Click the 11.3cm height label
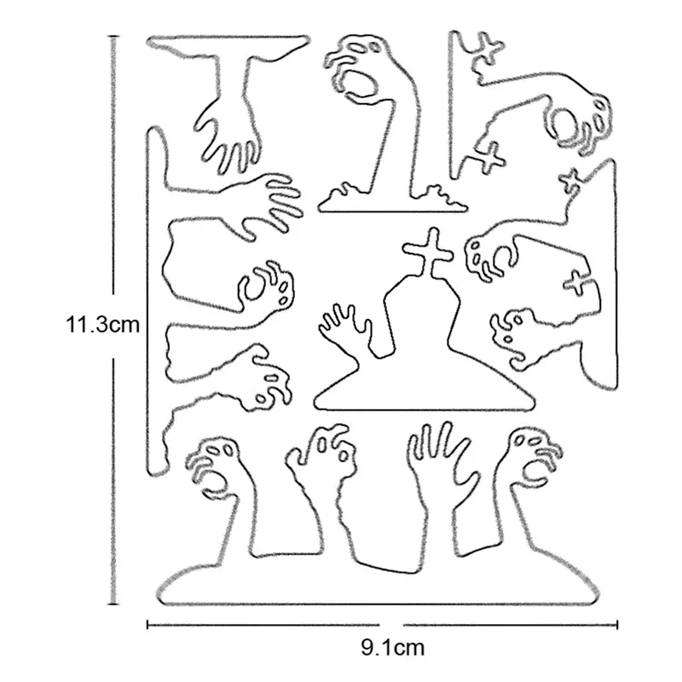point(101,325)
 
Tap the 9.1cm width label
point(392,648)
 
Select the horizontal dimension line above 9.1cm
point(256,625)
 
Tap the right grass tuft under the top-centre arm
point(443,196)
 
